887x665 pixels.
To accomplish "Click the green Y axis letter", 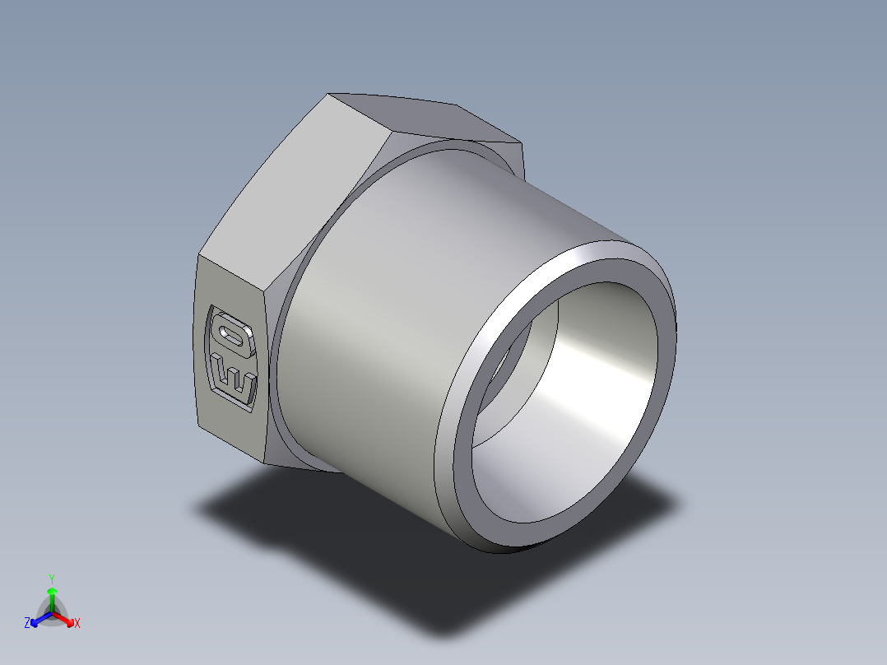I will [51, 579].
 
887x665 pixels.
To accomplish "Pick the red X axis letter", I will [77, 624].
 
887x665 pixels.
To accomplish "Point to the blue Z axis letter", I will [27, 624].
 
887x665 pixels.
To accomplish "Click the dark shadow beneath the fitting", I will [329, 527].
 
